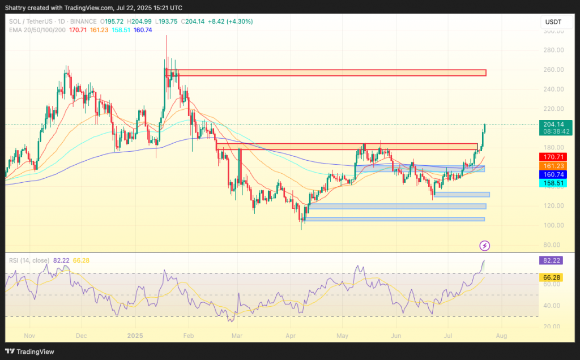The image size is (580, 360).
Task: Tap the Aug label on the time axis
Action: pyautogui.click(x=501, y=335)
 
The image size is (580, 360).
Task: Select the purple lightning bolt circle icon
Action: pyautogui.click(x=485, y=245)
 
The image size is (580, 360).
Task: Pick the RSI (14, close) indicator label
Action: pyautogui.click(x=28, y=260)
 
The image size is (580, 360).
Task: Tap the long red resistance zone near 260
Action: pyautogui.click(x=326, y=72)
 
